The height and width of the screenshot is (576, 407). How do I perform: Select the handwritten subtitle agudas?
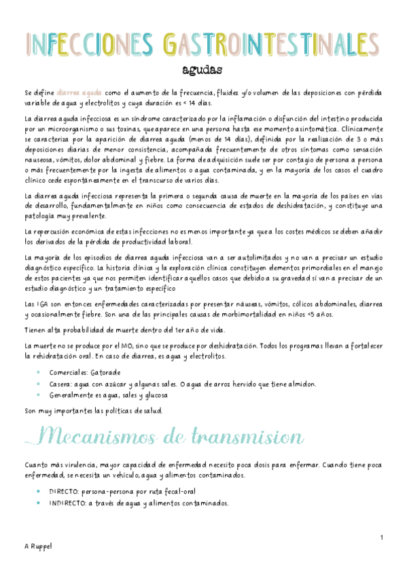[202, 70]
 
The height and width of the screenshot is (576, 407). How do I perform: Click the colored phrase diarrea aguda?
[81, 92]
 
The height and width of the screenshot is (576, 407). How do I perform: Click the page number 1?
[382, 538]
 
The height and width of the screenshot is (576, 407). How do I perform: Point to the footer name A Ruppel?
[36, 545]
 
